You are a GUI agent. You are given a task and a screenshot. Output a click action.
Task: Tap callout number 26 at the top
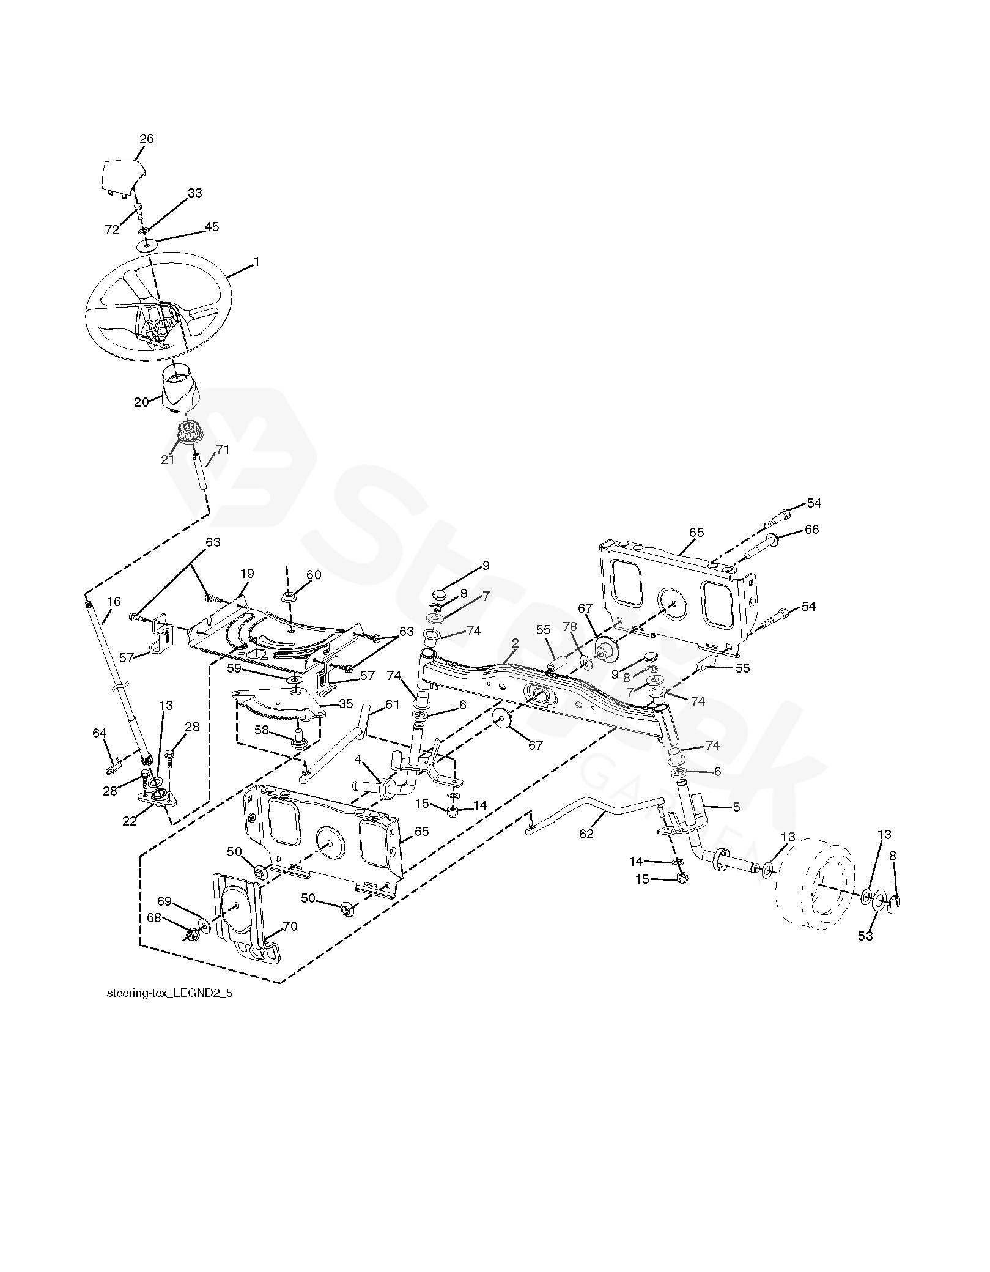pyautogui.click(x=147, y=139)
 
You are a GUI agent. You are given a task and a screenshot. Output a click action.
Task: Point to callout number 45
pyautogui.click(x=212, y=227)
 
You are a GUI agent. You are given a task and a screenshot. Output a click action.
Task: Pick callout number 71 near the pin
pyautogui.click(x=222, y=449)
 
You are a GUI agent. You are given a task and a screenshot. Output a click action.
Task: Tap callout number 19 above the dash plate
pyautogui.click(x=247, y=574)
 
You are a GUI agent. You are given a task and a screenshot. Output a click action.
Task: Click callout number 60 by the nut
pyautogui.click(x=314, y=575)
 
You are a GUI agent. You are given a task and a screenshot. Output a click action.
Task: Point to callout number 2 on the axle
pyautogui.click(x=515, y=643)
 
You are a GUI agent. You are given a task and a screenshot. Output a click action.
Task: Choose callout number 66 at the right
pyautogui.click(x=811, y=530)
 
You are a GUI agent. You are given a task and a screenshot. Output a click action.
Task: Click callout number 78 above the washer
pyautogui.click(x=570, y=627)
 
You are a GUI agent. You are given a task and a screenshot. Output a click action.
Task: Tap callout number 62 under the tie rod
pyautogui.click(x=586, y=833)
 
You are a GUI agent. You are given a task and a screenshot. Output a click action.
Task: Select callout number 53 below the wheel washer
pyautogui.click(x=865, y=936)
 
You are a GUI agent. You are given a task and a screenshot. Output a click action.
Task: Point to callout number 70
pyautogui.click(x=290, y=926)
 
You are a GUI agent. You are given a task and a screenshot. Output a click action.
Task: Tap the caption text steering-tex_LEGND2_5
pyautogui.click(x=169, y=994)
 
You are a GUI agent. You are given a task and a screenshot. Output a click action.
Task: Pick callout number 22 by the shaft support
pyautogui.click(x=130, y=821)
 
